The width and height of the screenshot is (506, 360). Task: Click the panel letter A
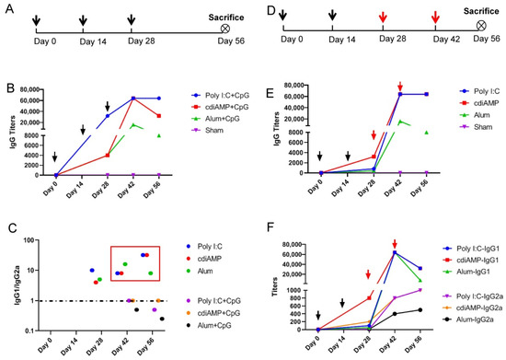click(8, 8)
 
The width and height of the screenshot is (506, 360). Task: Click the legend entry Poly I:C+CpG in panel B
click(218, 95)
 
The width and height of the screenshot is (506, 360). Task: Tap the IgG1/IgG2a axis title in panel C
click(9, 276)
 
